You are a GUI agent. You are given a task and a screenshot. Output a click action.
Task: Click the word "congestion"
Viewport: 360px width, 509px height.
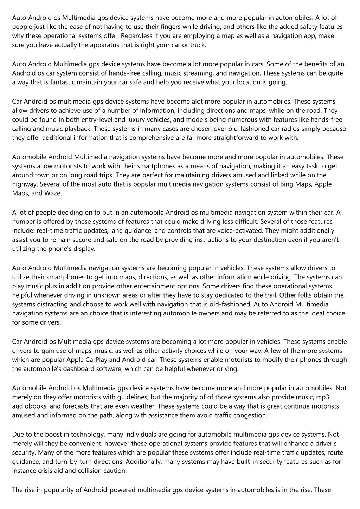pyautogui.click(x=249, y=415)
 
